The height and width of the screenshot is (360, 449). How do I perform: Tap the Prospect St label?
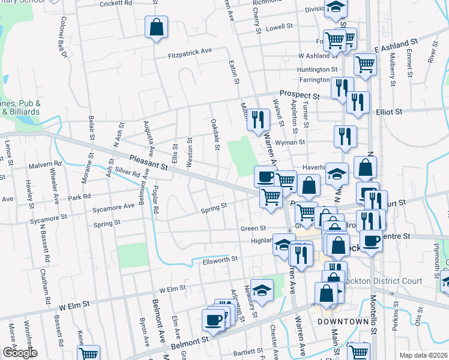click(299, 95)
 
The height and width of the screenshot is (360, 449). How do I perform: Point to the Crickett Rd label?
click(116, 4)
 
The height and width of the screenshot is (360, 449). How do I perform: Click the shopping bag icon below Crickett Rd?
click(156, 28)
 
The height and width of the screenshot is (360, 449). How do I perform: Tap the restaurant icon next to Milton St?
click(259, 119)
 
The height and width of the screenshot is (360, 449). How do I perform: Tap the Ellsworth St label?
click(220, 259)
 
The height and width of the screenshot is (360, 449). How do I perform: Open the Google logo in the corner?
click(19, 352)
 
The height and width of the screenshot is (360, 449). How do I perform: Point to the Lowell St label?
click(279, 27)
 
